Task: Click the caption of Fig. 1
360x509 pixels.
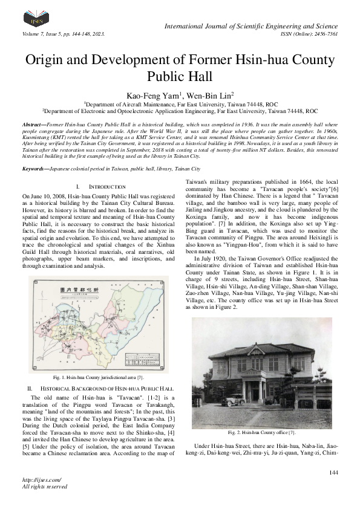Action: point(97,377)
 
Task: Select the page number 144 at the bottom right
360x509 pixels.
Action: point(333,472)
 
